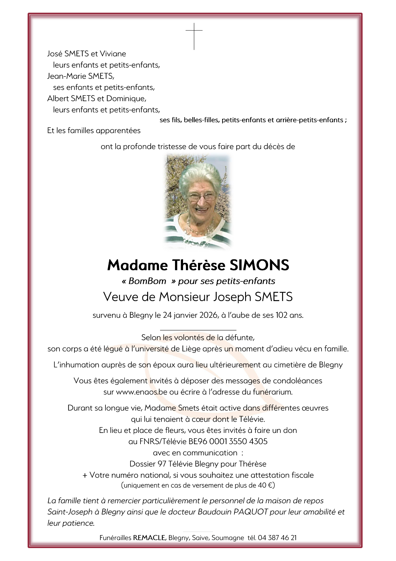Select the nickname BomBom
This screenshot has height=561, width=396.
147,281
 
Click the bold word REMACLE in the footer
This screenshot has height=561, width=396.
149,538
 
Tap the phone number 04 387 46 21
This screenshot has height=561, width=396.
277,538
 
